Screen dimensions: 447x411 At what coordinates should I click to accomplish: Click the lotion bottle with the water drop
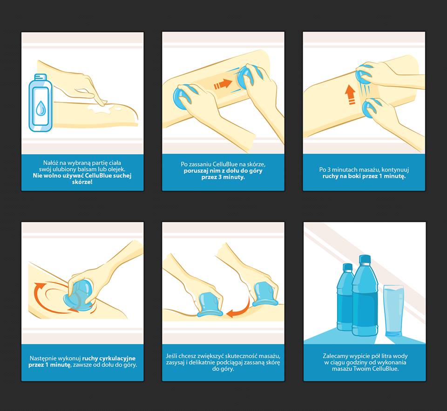tap(41, 103)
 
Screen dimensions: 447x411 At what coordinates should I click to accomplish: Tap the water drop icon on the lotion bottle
tap(41, 108)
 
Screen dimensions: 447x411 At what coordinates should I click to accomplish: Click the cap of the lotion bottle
tap(41, 77)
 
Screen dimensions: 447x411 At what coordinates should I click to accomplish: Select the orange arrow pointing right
tap(223, 84)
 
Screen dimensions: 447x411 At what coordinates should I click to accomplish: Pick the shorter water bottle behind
tap(345, 297)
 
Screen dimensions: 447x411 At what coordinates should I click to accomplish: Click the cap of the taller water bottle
tap(365, 259)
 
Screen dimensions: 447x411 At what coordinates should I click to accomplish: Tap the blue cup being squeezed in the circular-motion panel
tap(78, 295)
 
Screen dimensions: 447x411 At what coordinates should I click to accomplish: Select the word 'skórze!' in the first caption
tap(82, 182)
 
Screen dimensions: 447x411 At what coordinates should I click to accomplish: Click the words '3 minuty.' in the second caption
tap(223, 177)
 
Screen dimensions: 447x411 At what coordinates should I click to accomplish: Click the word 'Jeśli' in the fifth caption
tap(172, 356)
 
